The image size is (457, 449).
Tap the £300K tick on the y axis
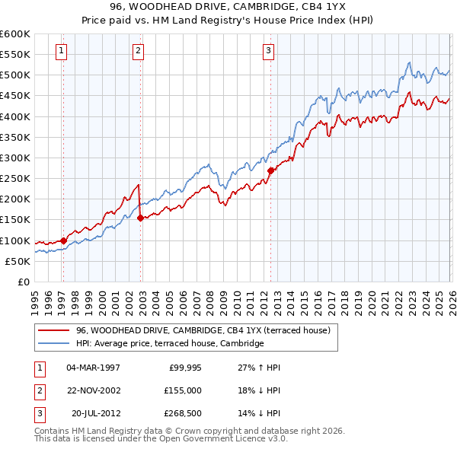15,158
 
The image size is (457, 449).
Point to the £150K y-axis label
15,220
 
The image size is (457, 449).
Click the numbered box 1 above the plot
61,52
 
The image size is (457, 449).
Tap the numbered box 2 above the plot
138,52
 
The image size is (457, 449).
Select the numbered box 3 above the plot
269,52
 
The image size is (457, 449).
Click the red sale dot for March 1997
63,240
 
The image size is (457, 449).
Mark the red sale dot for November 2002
141,218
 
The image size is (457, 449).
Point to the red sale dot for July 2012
270,170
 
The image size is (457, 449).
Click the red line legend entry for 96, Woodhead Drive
202,330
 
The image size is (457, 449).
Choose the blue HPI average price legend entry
169,343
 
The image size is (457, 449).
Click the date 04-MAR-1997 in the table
93,368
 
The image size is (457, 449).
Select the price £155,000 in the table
182,390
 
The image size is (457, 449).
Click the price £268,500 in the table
182,413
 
